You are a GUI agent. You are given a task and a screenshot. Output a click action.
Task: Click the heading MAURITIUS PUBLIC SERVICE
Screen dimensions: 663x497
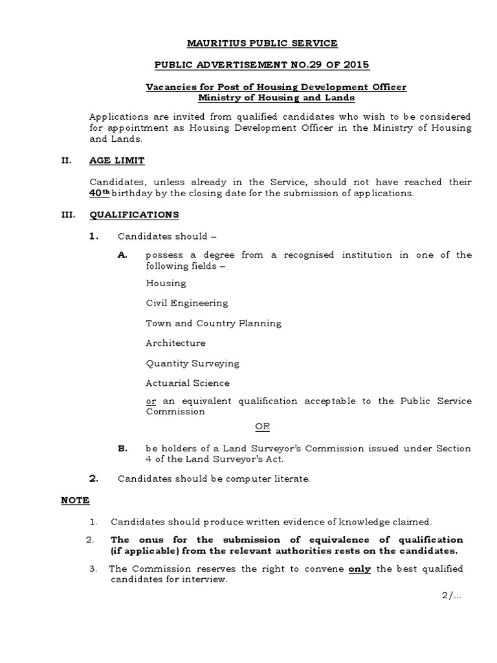click(253, 43)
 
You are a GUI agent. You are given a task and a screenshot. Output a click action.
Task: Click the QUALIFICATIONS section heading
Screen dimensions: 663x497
click(135, 214)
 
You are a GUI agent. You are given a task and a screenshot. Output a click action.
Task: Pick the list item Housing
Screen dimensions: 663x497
click(166, 283)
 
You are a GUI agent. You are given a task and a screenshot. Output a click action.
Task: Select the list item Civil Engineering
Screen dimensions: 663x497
click(186, 303)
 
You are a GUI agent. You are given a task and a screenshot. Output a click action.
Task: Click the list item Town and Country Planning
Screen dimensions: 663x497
click(213, 323)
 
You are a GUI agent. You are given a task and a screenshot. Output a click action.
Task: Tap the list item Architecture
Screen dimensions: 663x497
click(175, 343)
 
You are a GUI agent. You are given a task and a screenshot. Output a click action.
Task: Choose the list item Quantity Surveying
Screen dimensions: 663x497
click(192, 363)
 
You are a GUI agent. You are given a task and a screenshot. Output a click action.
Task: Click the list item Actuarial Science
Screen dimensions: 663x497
click(188, 383)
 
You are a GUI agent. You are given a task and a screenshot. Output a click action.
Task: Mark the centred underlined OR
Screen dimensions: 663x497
click(261, 427)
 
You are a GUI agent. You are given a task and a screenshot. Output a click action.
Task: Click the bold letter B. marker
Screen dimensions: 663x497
click(122, 449)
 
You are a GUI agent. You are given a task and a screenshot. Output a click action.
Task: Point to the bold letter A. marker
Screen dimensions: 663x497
click(122, 255)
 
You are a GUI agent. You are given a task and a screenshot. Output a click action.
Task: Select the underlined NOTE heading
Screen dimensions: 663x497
click(75, 500)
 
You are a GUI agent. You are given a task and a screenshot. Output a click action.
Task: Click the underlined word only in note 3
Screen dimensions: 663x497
click(360, 569)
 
